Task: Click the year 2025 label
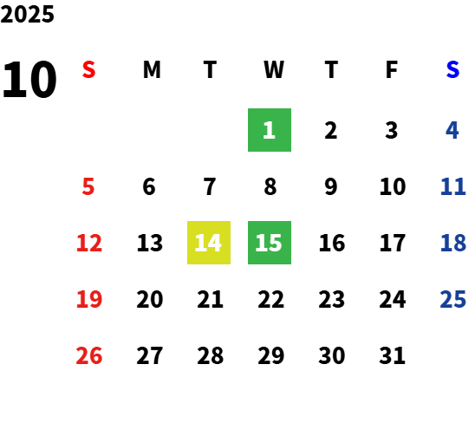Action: pyautogui.click(x=27, y=14)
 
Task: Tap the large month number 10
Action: pyautogui.click(x=29, y=79)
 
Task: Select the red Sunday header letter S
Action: pyautogui.click(x=88, y=69)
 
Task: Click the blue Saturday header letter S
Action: pyautogui.click(x=452, y=69)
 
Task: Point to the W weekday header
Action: pyautogui.click(x=274, y=69)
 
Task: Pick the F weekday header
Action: pyautogui.click(x=392, y=69)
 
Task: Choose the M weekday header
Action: pyautogui.click(x=152, y=69)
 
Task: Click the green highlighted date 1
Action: pyautogui.click(x=270, y=130)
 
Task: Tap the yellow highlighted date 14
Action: pyautogui.click(x=209, y=243)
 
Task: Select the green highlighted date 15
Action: pyautogui.click(x=270, y=243)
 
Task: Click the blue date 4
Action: pyautogui.click(x=452, y=130)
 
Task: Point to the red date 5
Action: pyautogui.click(x=88, y=186)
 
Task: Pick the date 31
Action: pyautogui.click(x=392, y=355)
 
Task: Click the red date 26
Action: pyautogui.click(x=88, y=355)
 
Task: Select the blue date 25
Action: pyautogui.click(x=452, y=299)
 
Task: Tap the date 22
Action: pyautogui.click(x=270, y=299)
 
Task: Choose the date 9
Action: pyautogui.click(x=331, y=186)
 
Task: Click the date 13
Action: pyautogui.click(x=150, y=243)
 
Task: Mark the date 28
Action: pyautogui.click(x=211, y=355)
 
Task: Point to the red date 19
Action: pyautogui.click(x=89, y=299)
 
